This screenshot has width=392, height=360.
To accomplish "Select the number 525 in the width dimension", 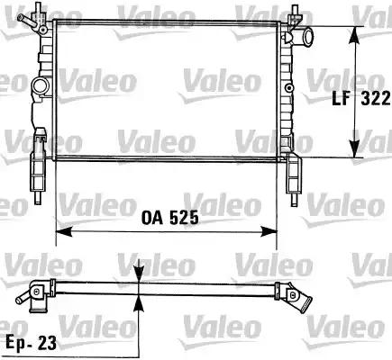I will coord(180,218).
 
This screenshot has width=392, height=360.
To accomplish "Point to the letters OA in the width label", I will coord(152,218).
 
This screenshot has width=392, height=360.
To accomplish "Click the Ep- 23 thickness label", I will coord(29,342).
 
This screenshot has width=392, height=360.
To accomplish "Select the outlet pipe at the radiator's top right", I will coord(307,39).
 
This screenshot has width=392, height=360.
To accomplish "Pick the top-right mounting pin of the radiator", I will coord(293,13).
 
